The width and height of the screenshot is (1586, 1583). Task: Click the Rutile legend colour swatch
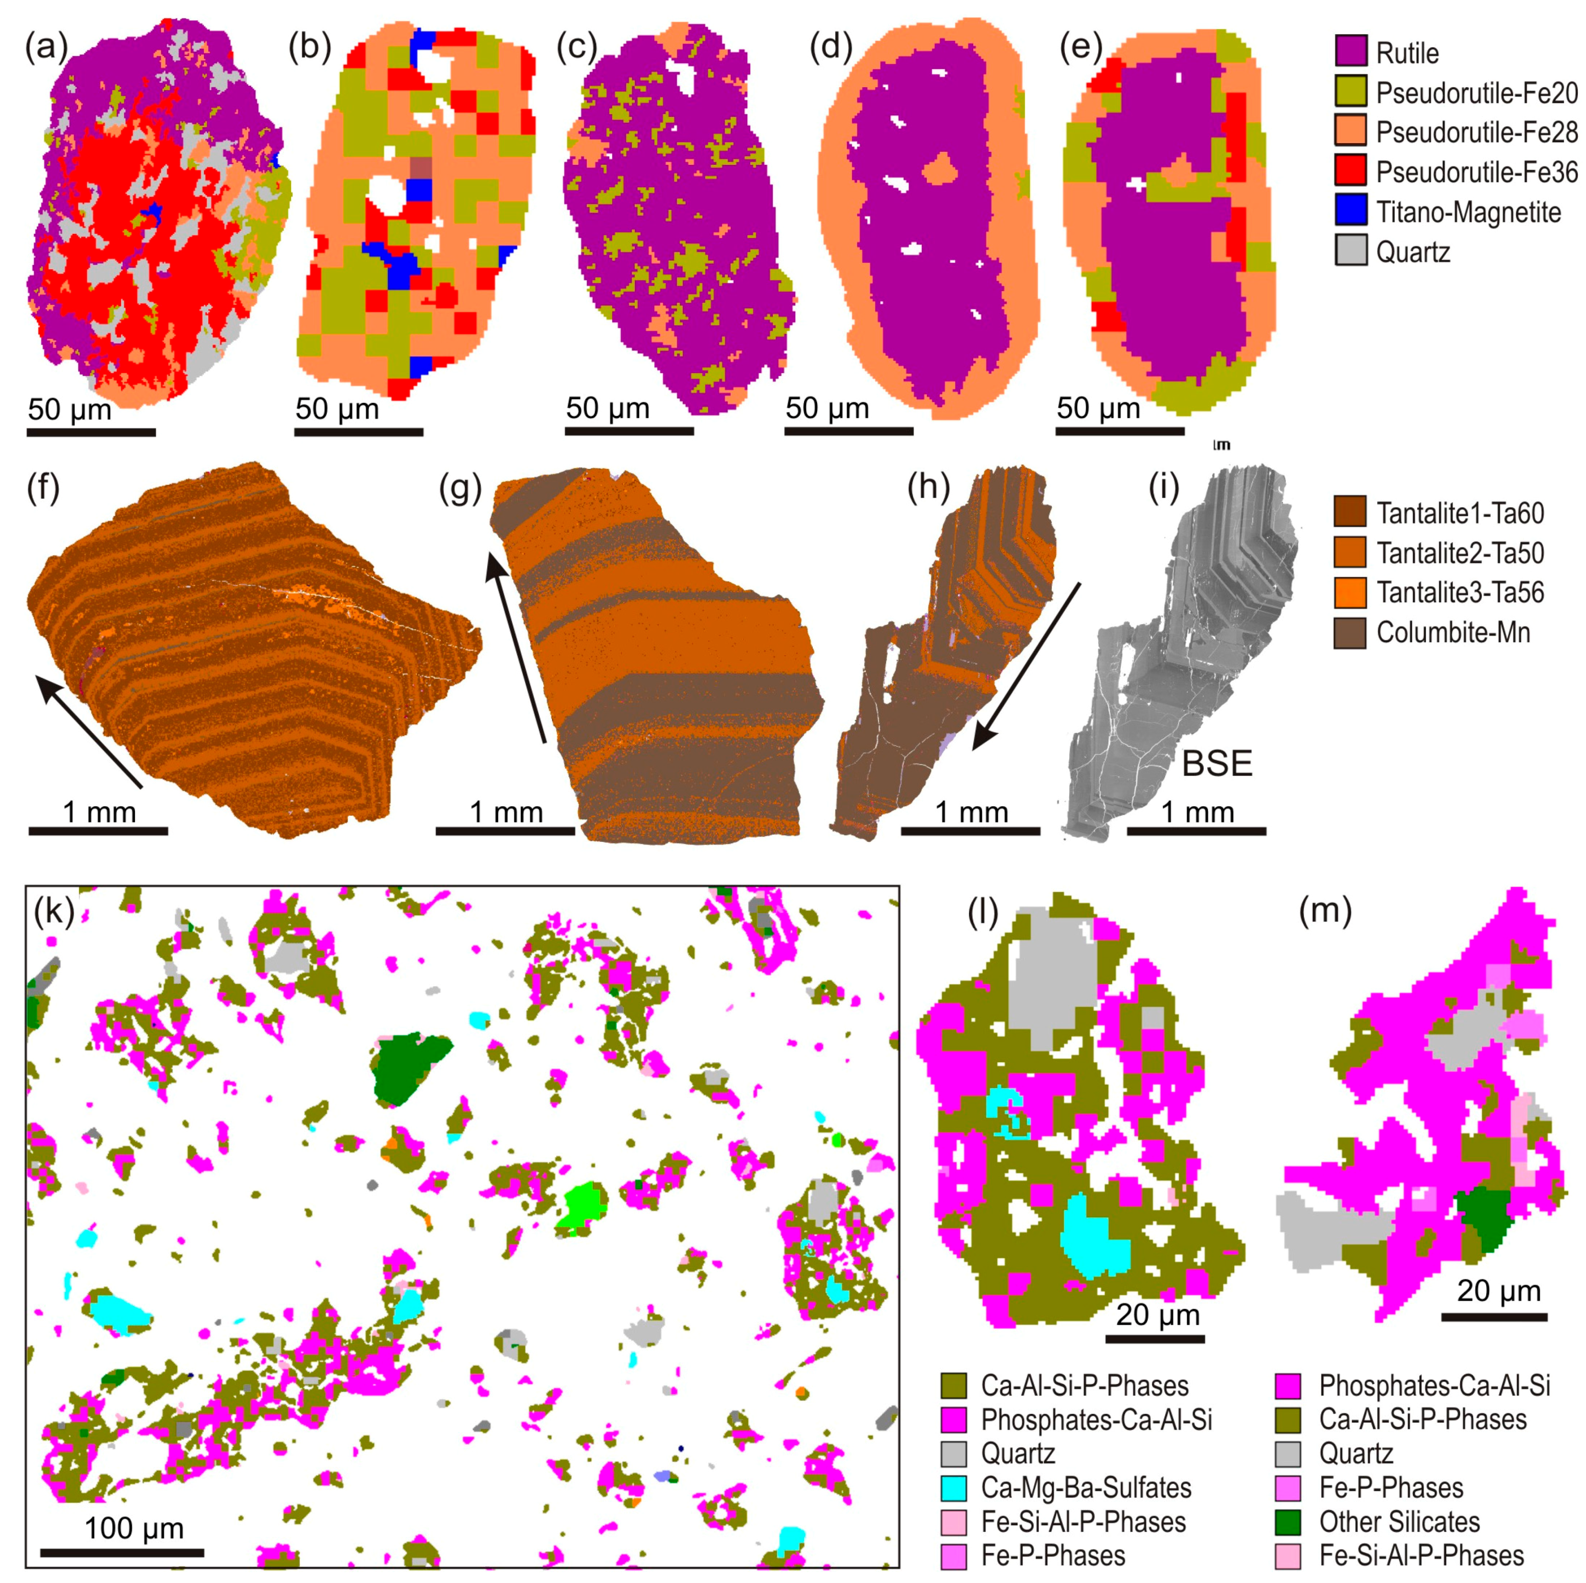(1350, 52)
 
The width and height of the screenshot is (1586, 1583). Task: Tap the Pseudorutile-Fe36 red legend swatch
(1350, 171)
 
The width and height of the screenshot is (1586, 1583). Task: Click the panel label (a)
(46, 48)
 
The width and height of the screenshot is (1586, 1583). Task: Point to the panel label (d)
(831, 48)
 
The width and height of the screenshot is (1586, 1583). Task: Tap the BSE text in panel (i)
(1217, 763)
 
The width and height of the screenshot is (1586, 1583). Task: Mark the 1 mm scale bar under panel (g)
(505, 830)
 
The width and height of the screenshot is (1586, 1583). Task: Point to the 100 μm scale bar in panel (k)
(121, 1552)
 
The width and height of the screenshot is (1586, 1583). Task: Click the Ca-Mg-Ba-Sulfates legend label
(1085, 1488)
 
